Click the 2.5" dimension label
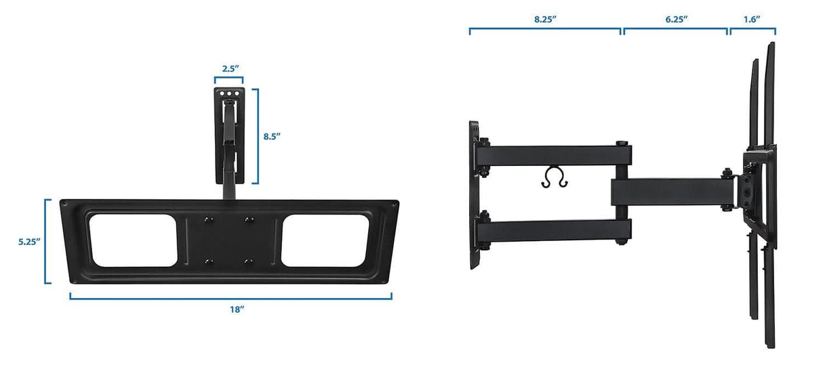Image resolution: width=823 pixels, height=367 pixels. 230,68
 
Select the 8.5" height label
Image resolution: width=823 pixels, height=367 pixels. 272,136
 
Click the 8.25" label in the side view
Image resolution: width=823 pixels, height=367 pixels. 545,19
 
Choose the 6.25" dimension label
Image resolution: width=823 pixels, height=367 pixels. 676,19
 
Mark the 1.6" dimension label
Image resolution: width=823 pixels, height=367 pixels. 751,19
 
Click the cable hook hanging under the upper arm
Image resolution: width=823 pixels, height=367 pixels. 555,177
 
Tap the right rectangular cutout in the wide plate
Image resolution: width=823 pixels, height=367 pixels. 325,240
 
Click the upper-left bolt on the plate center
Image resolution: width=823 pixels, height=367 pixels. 207,219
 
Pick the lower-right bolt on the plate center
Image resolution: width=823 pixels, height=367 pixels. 248,261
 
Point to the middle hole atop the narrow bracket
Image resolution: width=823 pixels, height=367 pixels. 229,94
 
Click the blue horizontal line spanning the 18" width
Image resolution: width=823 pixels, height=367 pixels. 230,297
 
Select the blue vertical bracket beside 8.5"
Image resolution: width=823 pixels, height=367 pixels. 256,136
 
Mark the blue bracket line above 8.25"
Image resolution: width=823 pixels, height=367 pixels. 545,30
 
